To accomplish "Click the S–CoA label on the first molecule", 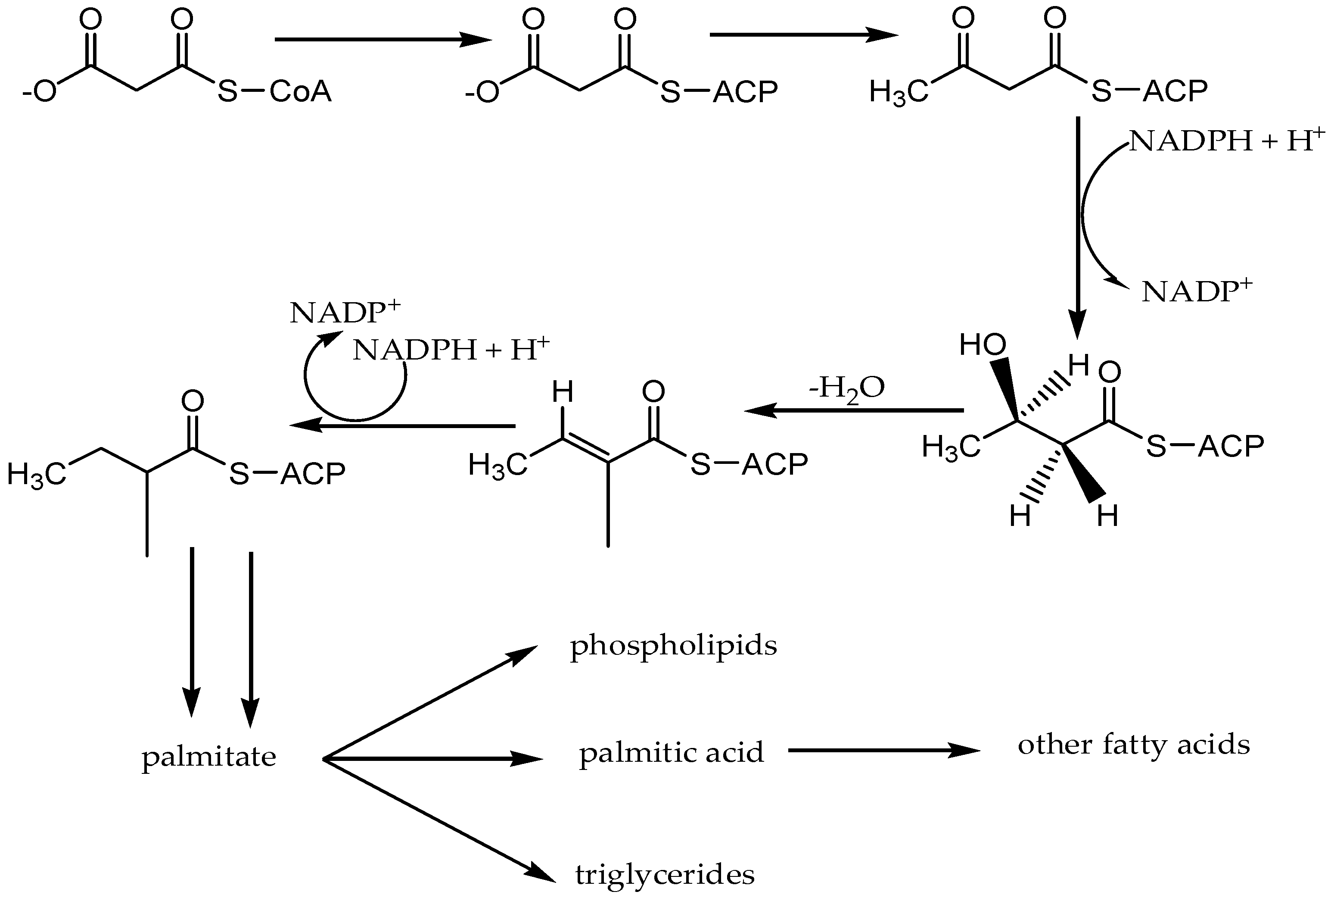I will pos(274,92).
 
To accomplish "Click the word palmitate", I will pos(209,757).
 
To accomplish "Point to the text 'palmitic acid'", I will pos(671,753).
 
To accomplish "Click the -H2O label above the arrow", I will pos(846,388).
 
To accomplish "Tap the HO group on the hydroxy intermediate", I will pos(983,345).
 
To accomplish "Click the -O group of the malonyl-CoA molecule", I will pos(39,92).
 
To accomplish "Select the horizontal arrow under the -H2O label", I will pos(854,410).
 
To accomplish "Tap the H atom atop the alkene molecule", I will pos(563,393).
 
